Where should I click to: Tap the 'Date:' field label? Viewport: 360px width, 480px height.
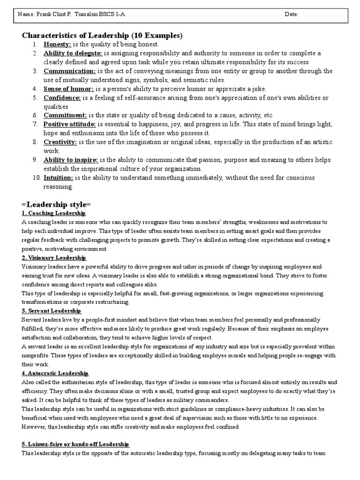(292, 15)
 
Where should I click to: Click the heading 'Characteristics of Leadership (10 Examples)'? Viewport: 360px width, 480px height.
(103, 36)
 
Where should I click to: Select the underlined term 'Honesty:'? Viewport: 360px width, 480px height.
(57, 44)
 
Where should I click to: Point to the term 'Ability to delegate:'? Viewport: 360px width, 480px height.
(73, 53)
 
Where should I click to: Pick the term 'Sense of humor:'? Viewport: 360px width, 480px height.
(68, 89)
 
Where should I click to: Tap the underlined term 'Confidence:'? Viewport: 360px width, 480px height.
(62, 97)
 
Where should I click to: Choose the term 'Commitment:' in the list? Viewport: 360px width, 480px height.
(65, 115)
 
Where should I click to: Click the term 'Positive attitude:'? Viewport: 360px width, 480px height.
(70, 124)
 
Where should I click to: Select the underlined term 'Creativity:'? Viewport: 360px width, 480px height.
(60, 142)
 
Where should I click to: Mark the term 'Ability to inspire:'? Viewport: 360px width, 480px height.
(71, 160)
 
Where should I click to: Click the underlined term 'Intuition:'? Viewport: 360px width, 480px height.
(59, 178)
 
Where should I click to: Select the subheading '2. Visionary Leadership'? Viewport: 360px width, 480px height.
(53, 258)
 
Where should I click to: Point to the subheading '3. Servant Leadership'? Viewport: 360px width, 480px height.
(51, 311)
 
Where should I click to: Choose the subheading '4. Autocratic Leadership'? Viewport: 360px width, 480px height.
(55, 373)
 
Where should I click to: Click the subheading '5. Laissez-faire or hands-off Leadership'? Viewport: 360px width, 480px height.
(75, 444)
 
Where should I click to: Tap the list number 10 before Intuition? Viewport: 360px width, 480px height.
(36, 178)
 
